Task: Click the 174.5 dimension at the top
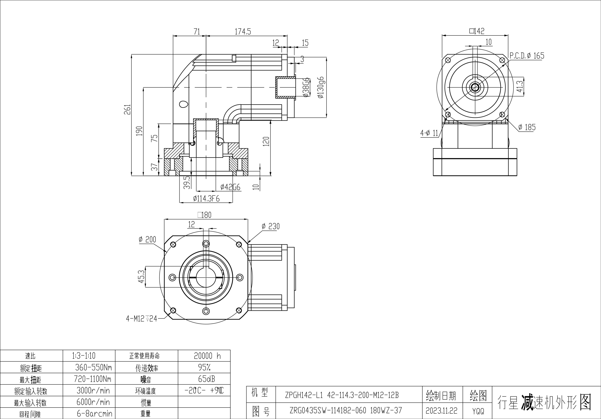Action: (243, 32)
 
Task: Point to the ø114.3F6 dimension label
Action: (206, 199)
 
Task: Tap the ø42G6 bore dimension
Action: (230, 187)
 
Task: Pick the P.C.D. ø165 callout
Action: (527, 56)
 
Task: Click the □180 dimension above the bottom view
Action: (204, 215)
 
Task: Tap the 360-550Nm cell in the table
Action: (93, 368)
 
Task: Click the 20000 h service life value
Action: (207, 356)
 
